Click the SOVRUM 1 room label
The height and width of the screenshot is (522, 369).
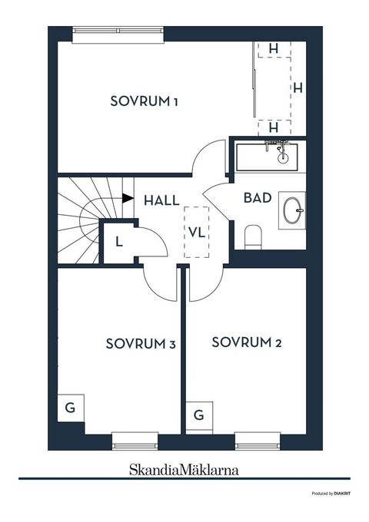(x=145, y=101)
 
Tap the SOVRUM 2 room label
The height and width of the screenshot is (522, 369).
(x=247, y=342)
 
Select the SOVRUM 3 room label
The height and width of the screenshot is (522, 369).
(x=141, y=344)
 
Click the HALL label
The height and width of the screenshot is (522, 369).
(x=161, y=200)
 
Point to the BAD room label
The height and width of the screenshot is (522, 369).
(x=257, y=197)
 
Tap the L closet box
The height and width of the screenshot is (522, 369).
(x=119, y=241)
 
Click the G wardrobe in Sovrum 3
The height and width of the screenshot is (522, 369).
(x=70, y=408)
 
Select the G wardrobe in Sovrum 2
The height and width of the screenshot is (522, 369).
(x=198, y=416)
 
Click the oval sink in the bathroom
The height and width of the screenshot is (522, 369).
(x=293, y=210)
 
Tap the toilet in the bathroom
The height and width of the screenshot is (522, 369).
(x=254, y=236)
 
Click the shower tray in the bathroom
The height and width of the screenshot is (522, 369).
(x=265, y=157)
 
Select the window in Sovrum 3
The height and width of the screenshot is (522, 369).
(x=135, y=441)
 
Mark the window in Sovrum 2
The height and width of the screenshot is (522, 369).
(x=258, y=441)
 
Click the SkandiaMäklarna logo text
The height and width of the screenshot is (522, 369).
(x=184, y=466)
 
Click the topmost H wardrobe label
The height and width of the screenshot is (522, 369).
(x=273, y=48)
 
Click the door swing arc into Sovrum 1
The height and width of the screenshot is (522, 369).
(x=208, y=158)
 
